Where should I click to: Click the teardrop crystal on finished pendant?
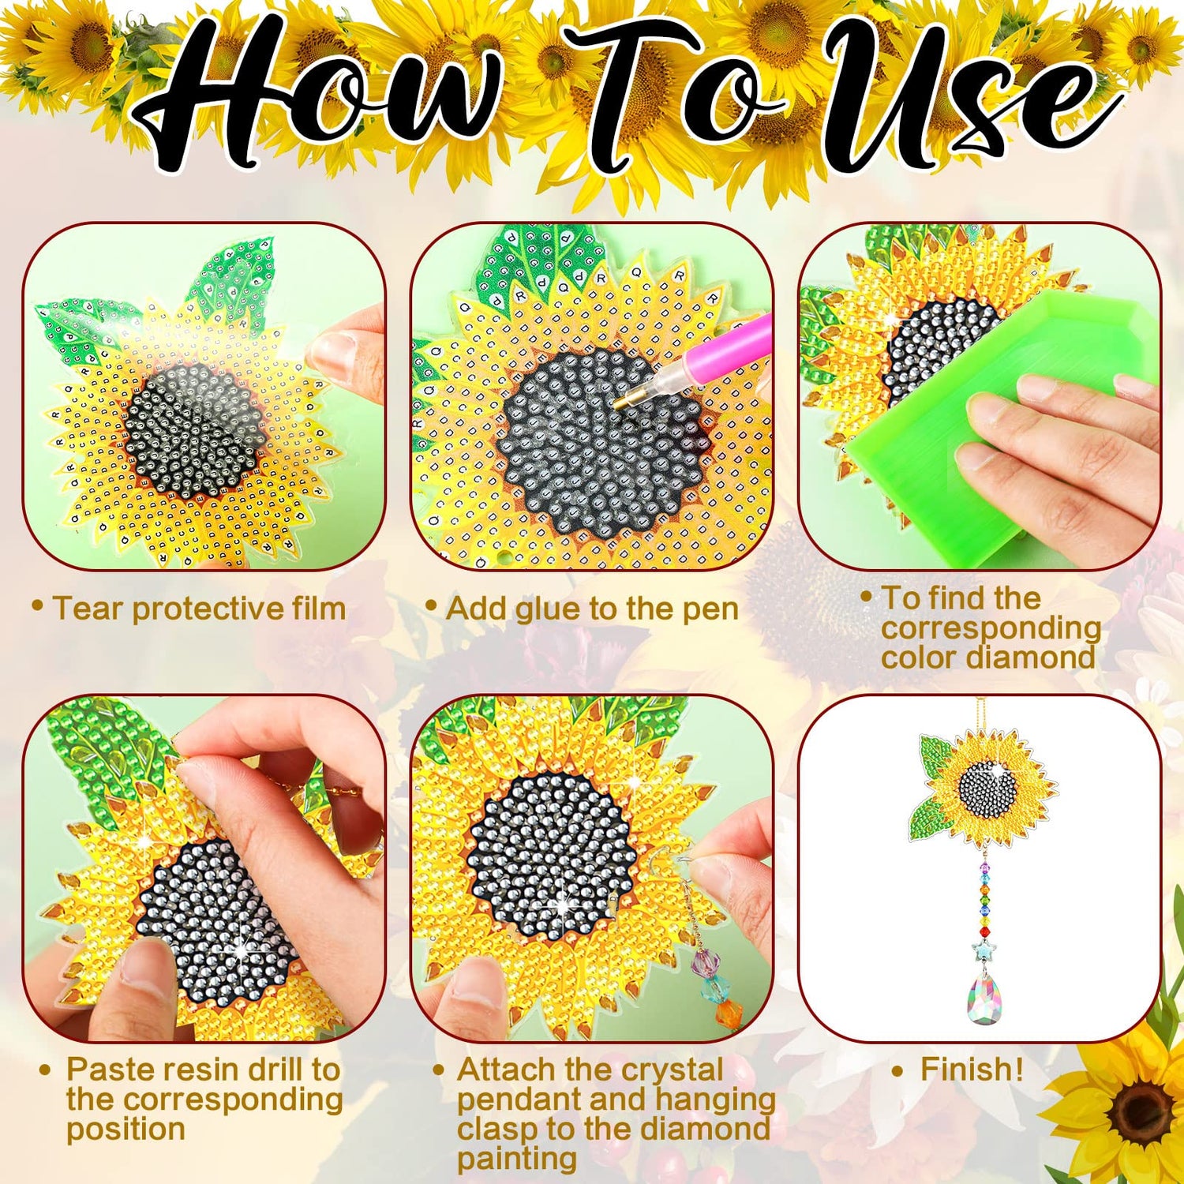[x=984, y=999]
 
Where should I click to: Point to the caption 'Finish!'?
[x=971, y=1070]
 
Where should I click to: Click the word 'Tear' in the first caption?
[x=87, y=609]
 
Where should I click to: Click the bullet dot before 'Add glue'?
[x=431, y=605]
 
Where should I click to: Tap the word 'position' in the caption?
[x=126, y=1130]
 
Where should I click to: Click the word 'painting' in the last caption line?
[x=516, y=1160]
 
